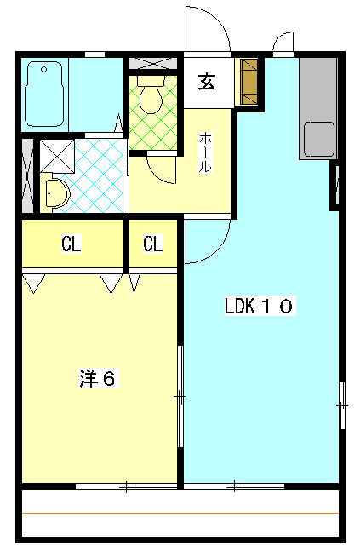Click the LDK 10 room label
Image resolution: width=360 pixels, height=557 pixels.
(x=259, y=307)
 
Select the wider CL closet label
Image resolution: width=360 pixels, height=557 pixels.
(x=71, y=244)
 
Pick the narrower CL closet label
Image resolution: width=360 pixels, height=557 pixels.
(x=152, y=244)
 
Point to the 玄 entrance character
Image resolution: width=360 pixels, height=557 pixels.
(x=207, y=82)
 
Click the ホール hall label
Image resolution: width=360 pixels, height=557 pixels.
(x=205, y=153)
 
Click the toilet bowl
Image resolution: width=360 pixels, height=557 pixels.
(x=151, y=97)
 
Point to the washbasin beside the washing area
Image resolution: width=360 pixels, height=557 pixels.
(x=56, y=193)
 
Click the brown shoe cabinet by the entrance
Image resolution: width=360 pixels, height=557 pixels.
(x=249, y=82)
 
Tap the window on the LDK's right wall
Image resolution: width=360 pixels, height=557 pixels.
(x=341, y=405)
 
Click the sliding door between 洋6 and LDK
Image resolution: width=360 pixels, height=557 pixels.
(x=180, y=396)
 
